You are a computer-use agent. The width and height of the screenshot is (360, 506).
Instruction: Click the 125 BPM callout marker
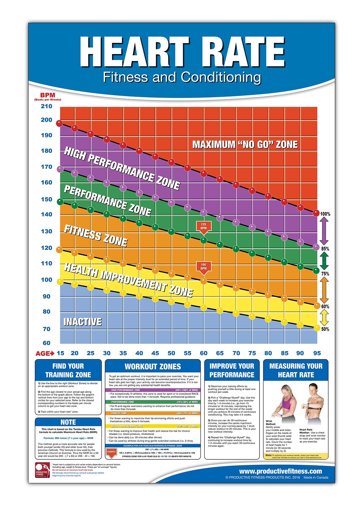tap(203, 227)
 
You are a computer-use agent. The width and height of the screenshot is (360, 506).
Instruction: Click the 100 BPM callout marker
tap(203, 267)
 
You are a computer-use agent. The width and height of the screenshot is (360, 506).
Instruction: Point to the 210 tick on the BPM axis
tap(47, 106)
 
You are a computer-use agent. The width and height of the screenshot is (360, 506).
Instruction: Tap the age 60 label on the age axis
tap(203, 353)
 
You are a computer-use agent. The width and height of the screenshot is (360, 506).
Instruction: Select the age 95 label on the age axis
tap(317, 353)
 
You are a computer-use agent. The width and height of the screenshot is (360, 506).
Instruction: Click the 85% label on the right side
tap(325, 249)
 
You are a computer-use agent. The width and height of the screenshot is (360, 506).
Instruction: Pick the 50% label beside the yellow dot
tap(325, 329)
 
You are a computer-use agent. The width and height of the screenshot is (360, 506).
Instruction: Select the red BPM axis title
tap(47, 95)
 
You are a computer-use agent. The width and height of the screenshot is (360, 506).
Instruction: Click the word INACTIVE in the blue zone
tap(82, 322)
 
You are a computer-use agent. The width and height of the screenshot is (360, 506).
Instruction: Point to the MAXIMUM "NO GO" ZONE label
tap(245, 144)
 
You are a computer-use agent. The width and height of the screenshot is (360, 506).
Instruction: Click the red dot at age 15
tap(59, 123)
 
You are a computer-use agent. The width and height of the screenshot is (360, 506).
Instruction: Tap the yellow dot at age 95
tap(317, 328)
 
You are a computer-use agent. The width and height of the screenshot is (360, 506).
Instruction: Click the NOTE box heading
tap(68, 422)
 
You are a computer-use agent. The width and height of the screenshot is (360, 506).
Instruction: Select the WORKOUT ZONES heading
tap(153, 366)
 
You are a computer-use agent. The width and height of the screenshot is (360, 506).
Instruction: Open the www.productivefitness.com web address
tap(280, 471)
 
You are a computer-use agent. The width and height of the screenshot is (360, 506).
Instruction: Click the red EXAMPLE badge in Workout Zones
tap(112, 452)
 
